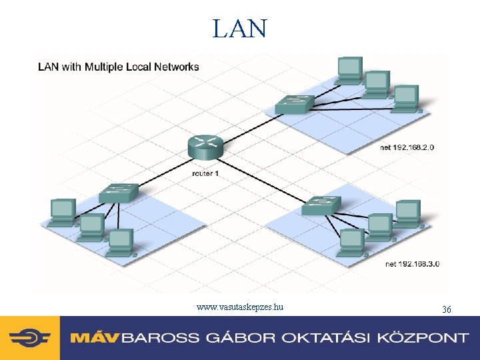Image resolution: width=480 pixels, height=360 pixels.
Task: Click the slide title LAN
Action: [240, 29]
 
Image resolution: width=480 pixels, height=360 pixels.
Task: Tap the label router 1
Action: [205, 173]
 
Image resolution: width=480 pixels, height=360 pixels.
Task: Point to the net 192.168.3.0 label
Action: [413, 264]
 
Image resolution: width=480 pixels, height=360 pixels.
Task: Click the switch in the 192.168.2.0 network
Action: [294, 104]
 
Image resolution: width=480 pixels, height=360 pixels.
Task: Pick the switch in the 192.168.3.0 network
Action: [321, 205]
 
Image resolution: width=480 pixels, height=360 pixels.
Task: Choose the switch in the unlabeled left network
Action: [119, 193]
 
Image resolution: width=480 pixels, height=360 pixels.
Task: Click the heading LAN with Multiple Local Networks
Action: [119, 67]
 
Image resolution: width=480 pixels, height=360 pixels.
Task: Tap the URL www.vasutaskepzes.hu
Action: [240, 307]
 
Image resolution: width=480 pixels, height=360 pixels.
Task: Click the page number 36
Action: [447, 309]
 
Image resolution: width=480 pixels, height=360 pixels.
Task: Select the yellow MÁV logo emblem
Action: [30, 338]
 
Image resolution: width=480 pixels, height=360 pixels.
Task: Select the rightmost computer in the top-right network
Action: [405, 97]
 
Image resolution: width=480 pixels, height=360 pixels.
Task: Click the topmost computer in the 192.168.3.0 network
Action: [407, 212]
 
